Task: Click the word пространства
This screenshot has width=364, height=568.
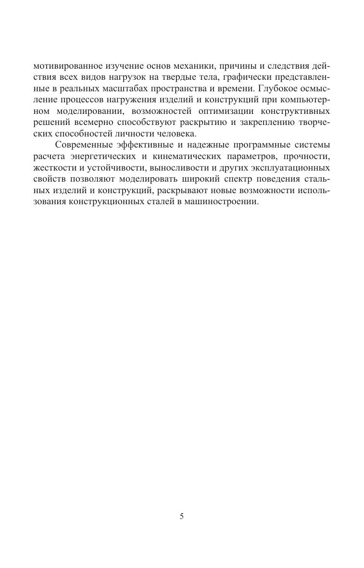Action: pyautogui.click(x=185, y=89)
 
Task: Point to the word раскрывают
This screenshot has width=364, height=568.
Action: pyautogui.click(x=182, y=189)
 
